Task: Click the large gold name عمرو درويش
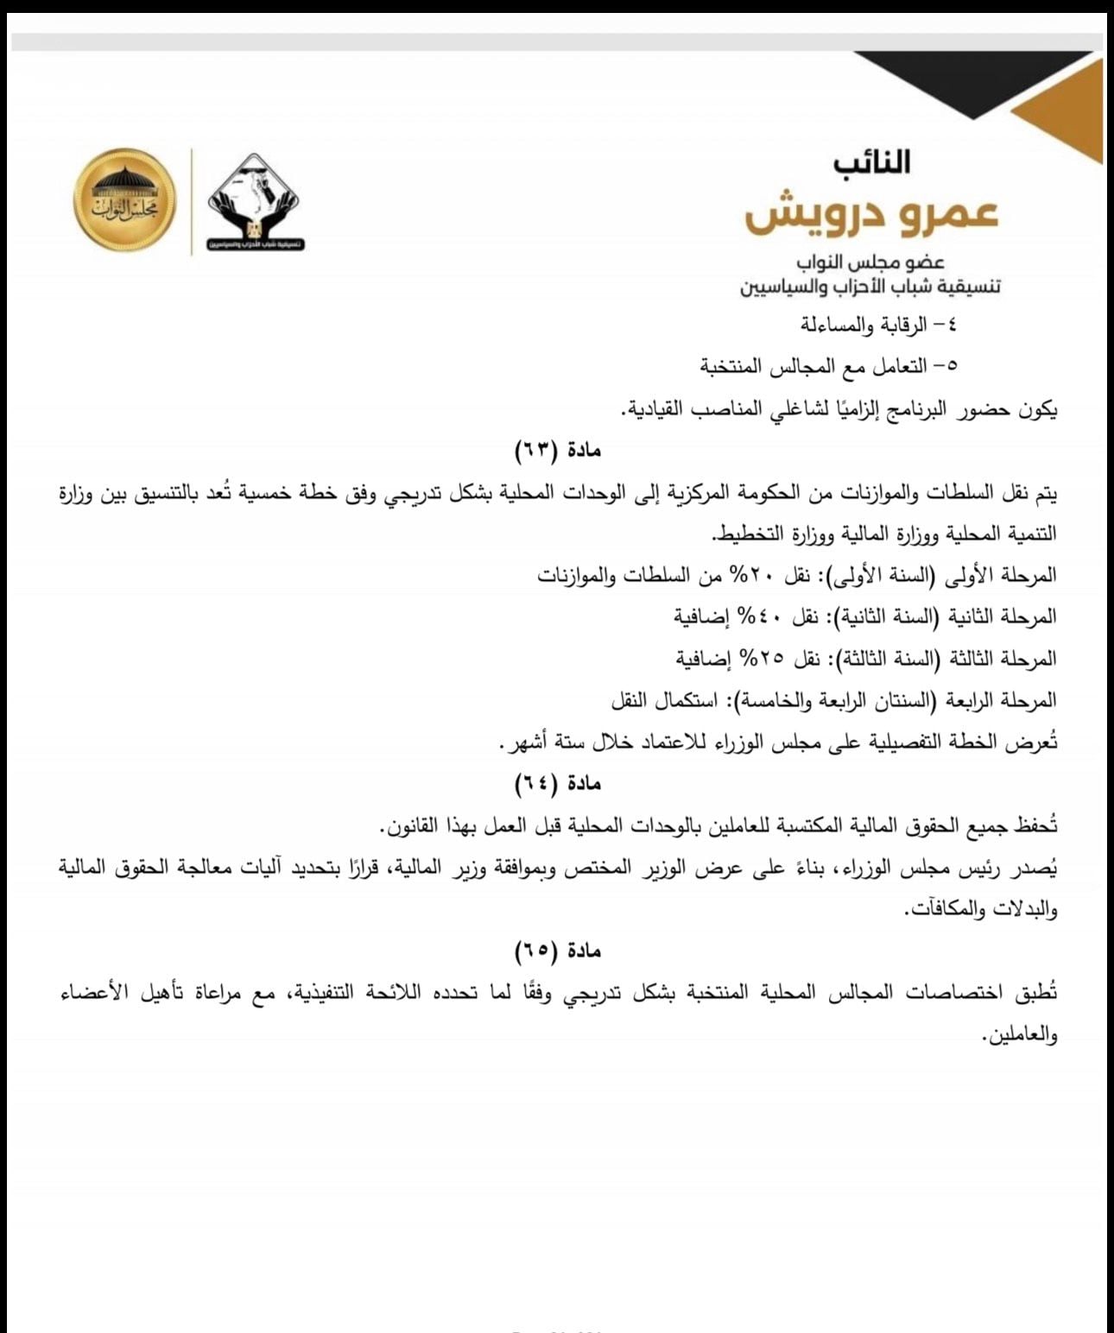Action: coord(871,212)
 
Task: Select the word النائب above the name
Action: coord(872,162)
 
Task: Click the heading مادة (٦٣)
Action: coord(557,449)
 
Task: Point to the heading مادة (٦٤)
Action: coord(557,783)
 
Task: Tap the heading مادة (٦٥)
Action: coord(557,951)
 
